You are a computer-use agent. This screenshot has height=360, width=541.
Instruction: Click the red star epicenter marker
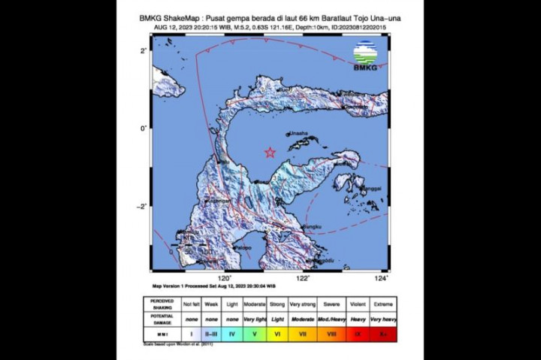click(x=270, y=153)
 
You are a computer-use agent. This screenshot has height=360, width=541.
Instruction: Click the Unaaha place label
click(x=300, y=134)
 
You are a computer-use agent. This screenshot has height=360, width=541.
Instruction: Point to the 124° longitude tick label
click(x=382, y=277)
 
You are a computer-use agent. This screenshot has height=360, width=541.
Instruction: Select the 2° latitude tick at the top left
click(x=142, y=50)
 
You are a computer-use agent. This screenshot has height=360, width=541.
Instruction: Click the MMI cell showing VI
click(x=277, y=332)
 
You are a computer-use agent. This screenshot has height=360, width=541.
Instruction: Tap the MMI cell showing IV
click(x=231, y=332)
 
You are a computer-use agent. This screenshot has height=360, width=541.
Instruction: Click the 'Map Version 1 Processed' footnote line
click(x=214, y=286)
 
